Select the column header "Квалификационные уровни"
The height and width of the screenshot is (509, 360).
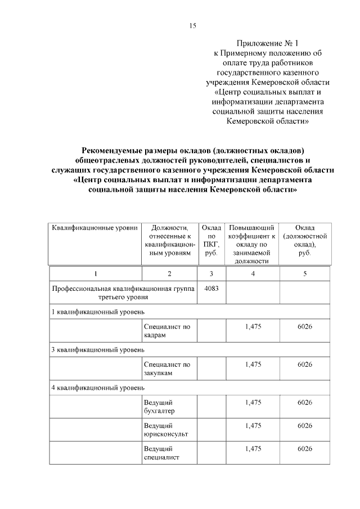[94, 228]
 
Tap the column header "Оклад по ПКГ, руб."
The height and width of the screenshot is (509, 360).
[211, 240]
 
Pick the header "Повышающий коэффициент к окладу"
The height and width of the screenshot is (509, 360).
[253, 244]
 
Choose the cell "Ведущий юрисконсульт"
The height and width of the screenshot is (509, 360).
[165, 430]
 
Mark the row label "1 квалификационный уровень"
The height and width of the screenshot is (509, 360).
[98, 311]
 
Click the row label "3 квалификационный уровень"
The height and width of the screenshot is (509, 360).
[98, 349]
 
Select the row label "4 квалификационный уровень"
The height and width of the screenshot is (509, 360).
[98, 388]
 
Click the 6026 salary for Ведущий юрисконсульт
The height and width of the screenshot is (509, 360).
[305, 426]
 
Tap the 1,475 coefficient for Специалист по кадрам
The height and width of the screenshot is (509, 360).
[253, 326]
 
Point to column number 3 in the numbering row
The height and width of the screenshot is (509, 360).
[211, 273]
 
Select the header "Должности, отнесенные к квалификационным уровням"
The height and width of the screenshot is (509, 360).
[167, 240]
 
